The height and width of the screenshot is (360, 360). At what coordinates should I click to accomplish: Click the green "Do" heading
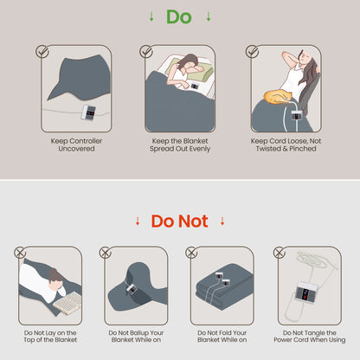click(x=179, y=16)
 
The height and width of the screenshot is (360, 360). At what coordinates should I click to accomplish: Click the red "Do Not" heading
click(x=179, y=222)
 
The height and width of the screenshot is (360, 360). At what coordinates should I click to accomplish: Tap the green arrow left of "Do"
click(x=151, y=16)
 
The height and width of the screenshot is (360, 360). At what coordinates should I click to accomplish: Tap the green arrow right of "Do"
click(x=209, y=16)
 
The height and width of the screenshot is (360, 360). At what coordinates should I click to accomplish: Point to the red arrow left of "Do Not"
click(x=138, y=222)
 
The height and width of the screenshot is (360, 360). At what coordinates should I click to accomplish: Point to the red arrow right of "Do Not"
click(x=222, y=222)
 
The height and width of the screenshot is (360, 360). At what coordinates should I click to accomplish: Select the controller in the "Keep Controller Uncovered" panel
click(x=89, y=112)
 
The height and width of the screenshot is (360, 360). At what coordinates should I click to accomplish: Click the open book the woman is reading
click(x=68, y=303)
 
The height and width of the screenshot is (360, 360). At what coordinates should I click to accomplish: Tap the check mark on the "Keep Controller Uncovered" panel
click(x=42, y=51)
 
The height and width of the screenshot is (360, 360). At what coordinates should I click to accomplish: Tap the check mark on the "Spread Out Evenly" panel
click(x=146, y=51)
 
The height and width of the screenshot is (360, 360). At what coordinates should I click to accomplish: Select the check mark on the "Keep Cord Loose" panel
click(x=252, y=51)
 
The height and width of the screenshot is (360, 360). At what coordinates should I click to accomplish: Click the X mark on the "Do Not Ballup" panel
click(x=106, y=253)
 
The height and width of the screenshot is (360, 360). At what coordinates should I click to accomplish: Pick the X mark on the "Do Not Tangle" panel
click(x=280, y=253)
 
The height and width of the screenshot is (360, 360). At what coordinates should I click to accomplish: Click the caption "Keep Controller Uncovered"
click(x=76, y=145)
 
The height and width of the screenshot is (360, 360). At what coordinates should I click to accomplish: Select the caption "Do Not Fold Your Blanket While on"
click(x=222, y=337)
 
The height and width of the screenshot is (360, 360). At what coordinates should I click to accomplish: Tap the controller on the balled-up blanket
click(x=132, y=289)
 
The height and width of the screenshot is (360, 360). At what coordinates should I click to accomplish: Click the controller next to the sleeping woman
click(x=195, y=86)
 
